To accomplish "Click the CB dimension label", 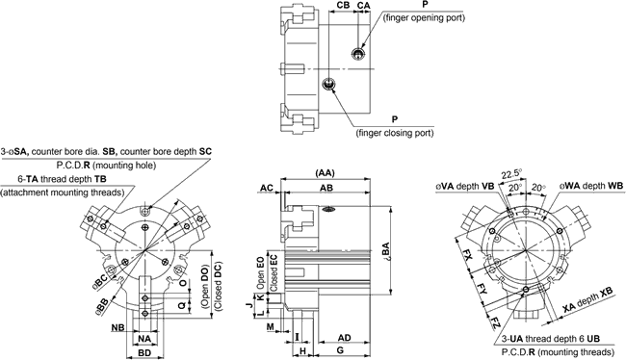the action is (343, 5).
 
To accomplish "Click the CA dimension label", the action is (363, 5).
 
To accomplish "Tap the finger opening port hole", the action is (357, 54).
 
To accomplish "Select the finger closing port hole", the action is (327, 84).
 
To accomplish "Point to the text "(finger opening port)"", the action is (424, 18).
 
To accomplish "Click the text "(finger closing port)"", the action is (395, 133).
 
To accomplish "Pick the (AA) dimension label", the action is (325, 173).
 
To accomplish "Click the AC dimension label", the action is (267, 188).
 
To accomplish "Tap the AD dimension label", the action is (344, 338).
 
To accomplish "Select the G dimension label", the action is (340, 350).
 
